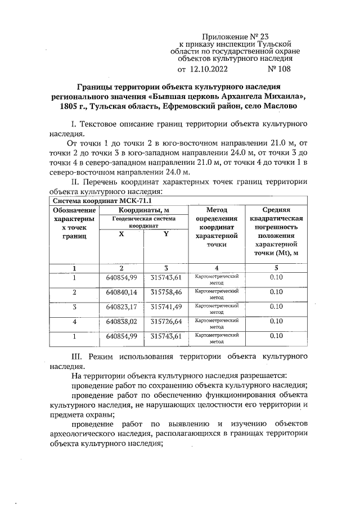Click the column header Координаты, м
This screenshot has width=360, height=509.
(x=144, y=210)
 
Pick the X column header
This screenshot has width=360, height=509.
(x=121, y=234)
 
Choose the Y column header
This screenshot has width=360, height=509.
(x=166, y=234)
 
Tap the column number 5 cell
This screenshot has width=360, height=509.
(x=276, y=268)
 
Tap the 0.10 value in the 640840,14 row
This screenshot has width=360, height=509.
(x=276, y=292)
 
